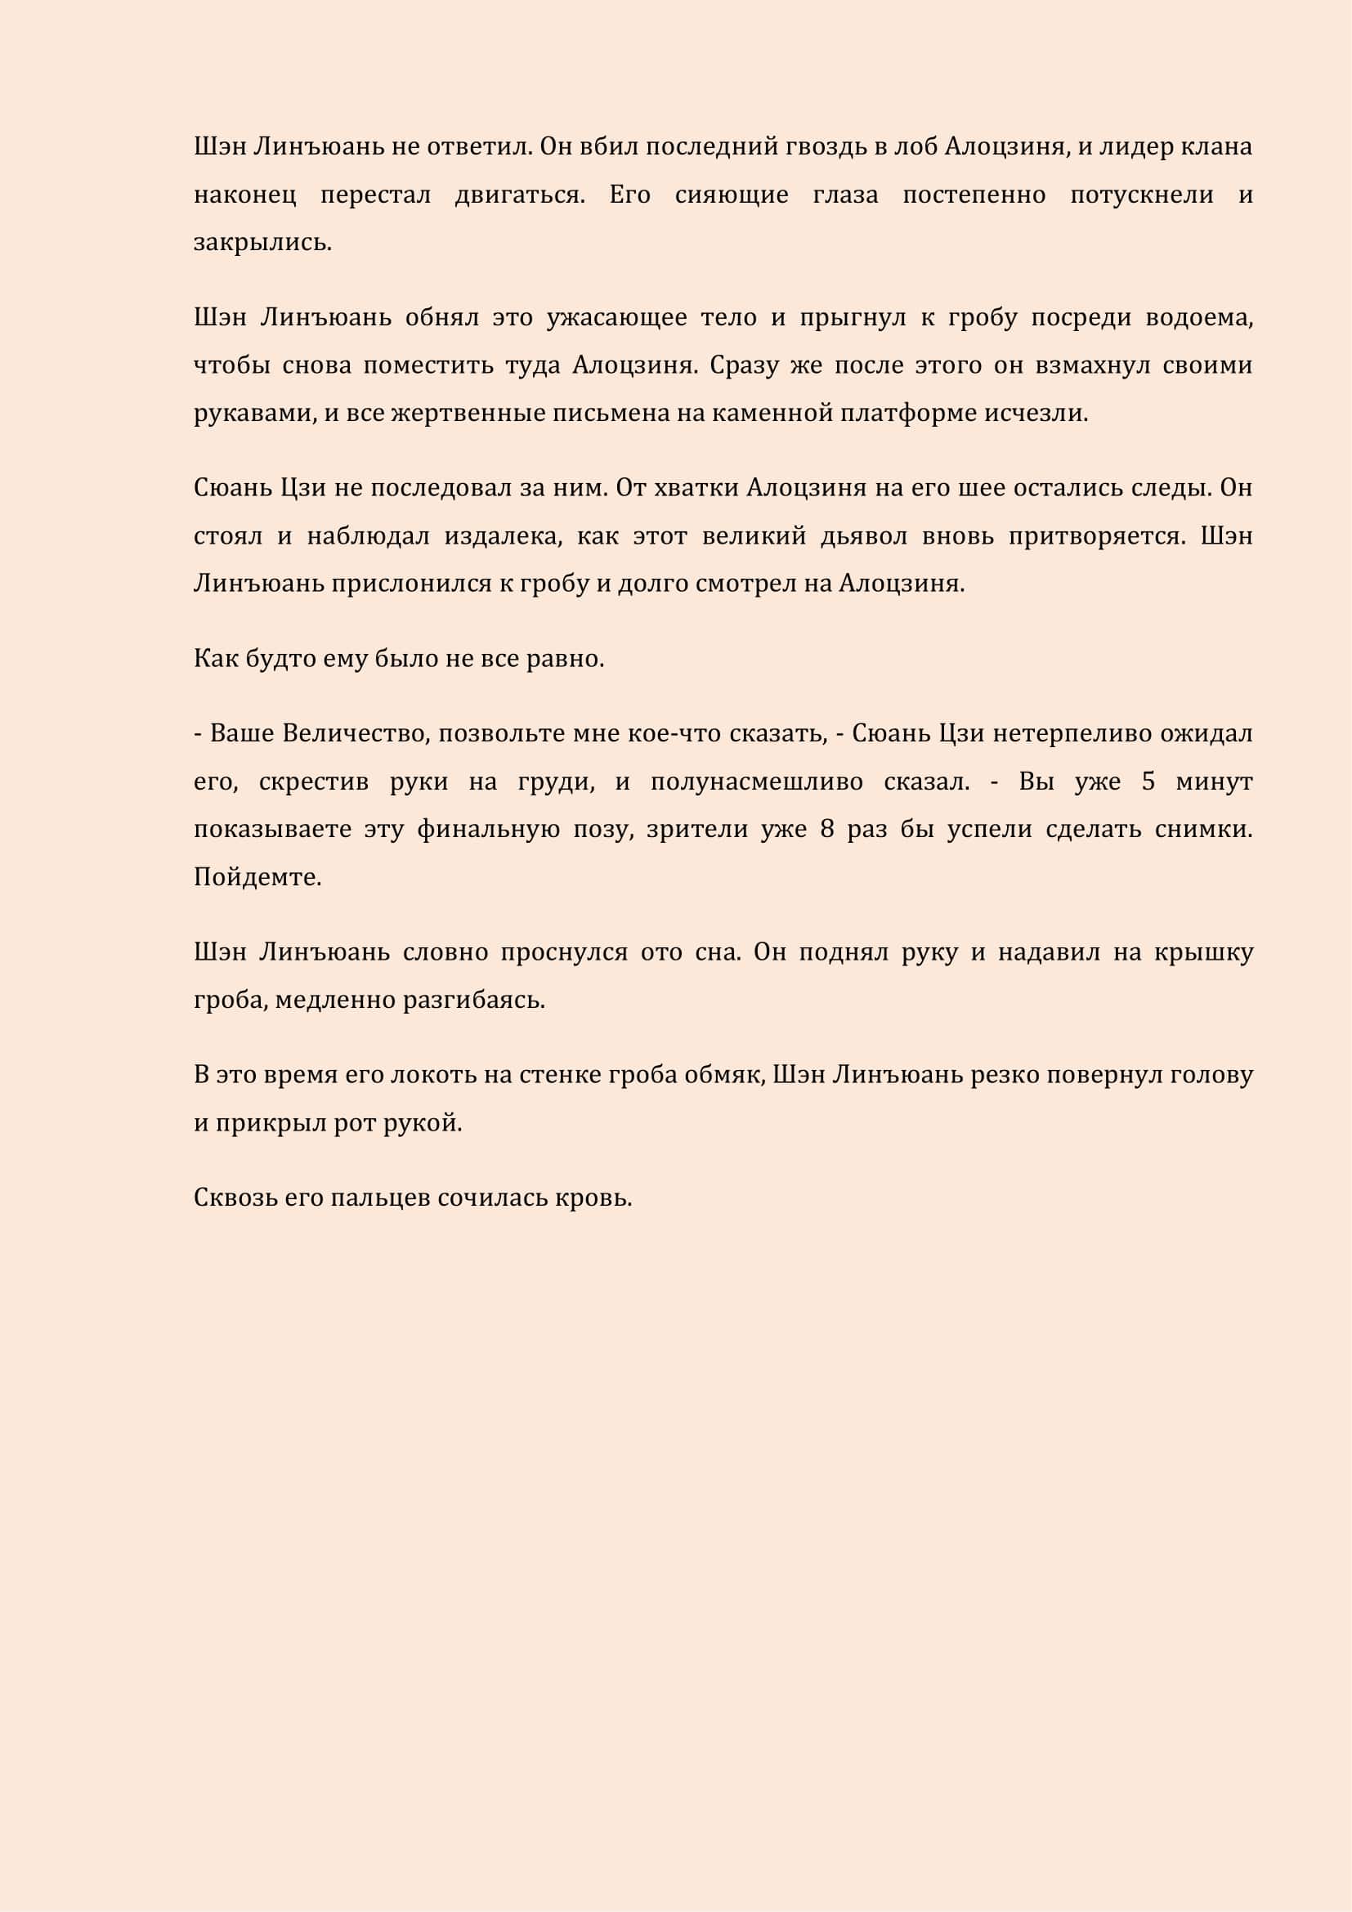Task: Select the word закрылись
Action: click(262, 242)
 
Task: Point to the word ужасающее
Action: click(616, 318)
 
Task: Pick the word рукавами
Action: click(253, 414)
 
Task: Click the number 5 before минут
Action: click(1148, 782)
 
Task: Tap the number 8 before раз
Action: click(826, 830)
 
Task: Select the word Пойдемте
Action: click(257, 878)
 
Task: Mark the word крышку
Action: click(1203, 952)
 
